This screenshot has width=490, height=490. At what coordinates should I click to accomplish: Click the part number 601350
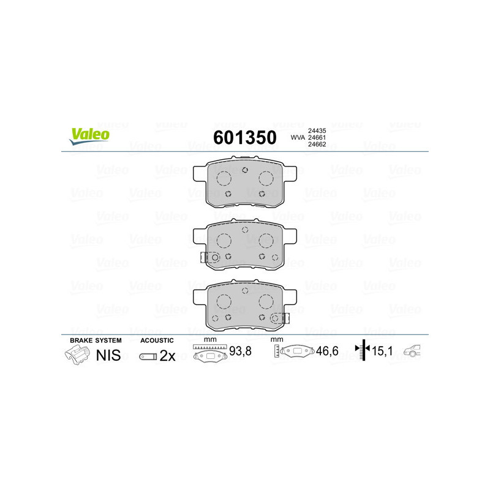pos(244,137)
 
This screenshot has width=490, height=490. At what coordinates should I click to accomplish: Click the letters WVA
pos(297,137)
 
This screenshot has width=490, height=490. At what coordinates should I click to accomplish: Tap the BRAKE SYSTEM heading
pos(96,340)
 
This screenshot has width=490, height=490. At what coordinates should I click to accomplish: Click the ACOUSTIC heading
pos(157,340)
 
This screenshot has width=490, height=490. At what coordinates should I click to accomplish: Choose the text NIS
pos(109,355)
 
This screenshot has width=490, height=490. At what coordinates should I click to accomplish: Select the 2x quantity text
pos(167,356)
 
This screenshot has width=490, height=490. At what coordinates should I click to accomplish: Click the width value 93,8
pos(239,352)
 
